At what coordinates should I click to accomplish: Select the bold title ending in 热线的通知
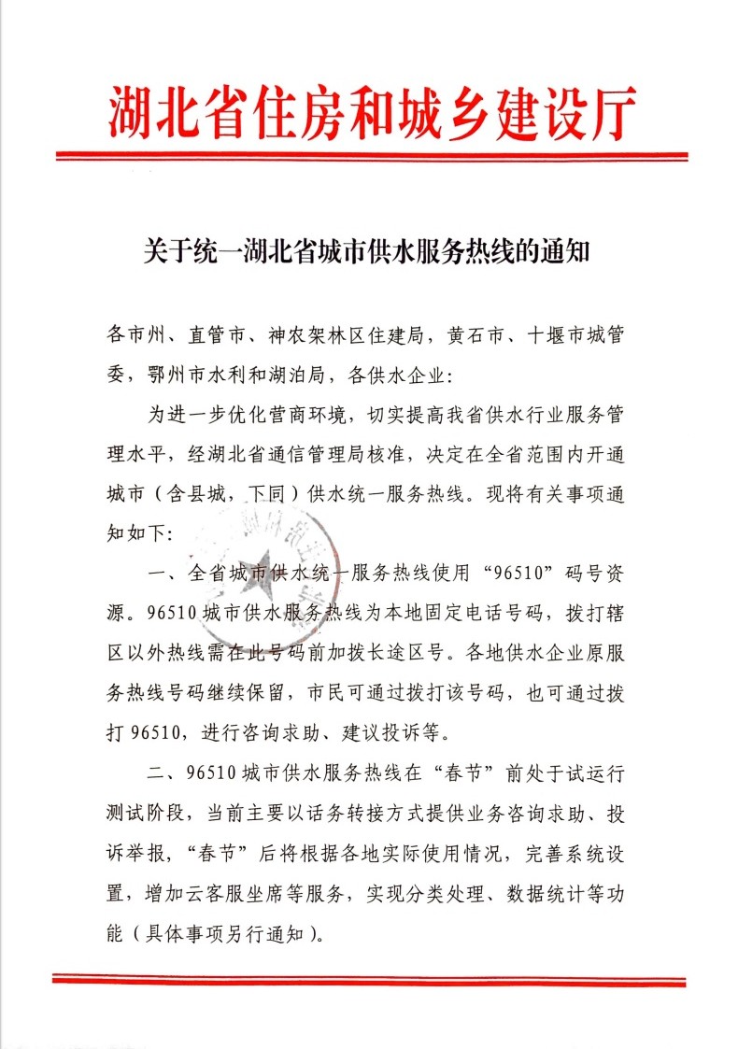tap(367, 251)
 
